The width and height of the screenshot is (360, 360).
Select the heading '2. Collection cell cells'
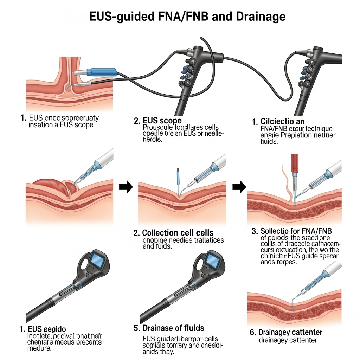click(178, 233)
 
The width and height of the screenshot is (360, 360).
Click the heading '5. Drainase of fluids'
click(169, 328)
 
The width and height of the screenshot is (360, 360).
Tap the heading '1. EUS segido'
click(43, 329)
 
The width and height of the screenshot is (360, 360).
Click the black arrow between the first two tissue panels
click(126, 187)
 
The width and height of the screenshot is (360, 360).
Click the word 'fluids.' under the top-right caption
click(269, 142)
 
